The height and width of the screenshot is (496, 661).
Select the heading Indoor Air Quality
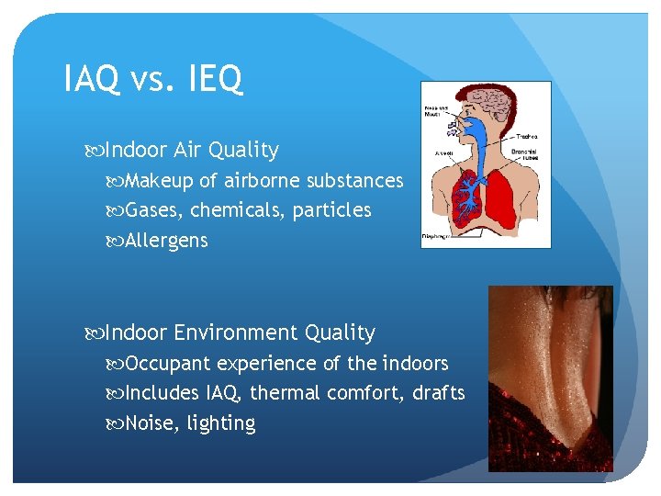pyautogui.click(x=192, y=149)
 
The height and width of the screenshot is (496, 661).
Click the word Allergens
pyautogui.click(x=166, y=241)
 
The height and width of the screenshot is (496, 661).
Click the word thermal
pyautogui.click(x=280, y=393)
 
